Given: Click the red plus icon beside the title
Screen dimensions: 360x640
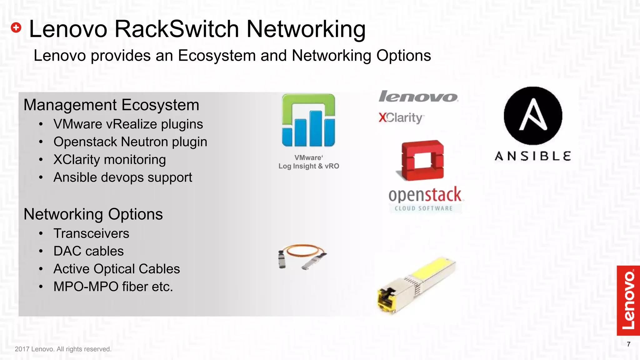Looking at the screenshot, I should [x=16, y=27].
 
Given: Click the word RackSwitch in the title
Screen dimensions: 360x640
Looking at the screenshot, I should [x=177, y=29].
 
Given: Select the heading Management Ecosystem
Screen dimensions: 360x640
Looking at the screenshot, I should [x=111, y=105].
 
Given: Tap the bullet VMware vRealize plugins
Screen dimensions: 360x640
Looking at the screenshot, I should [x=128, y=124].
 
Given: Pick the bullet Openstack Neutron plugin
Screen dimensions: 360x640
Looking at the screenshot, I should [x=130, y=142].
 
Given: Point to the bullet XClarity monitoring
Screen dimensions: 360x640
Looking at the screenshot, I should [x=109, y=160].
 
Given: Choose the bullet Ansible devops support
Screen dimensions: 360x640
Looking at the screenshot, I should [x=122, y=177].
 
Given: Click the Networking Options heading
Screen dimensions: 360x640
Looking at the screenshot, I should [x=93, y=214].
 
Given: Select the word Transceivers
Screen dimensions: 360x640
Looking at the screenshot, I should [x=91, y=233].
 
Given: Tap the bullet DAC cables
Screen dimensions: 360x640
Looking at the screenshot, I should [x=88, y=251].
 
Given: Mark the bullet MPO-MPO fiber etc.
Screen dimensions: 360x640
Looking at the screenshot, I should [x=113, y=287].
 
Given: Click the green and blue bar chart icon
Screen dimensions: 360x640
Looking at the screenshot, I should [x=308, y=120].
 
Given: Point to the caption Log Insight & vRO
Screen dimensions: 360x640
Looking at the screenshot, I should [x=308, y=166].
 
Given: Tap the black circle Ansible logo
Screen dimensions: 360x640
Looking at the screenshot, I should [x=533, y=116].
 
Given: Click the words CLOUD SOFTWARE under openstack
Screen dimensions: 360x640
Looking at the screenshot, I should [x=423, y=208].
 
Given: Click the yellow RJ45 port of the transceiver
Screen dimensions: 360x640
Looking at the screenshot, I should [x=386, y=298].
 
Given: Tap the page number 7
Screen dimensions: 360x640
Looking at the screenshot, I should [x=628, y=344].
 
